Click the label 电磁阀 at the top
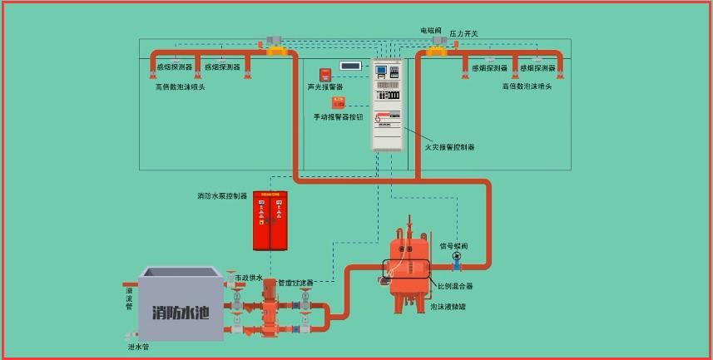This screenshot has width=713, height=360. tap(431, 31)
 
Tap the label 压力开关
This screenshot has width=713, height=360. tap(464, 34)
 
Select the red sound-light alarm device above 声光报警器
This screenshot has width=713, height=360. tap(325, 74)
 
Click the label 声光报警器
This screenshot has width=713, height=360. tap(324, 87)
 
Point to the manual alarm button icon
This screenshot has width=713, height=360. tap(339, 103)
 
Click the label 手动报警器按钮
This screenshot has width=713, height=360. tap(338, 117)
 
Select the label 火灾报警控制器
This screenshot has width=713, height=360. tap(449, 147)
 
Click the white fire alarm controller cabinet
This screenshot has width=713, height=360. tap(387, 105)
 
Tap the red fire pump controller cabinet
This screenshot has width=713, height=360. tap(270, 220)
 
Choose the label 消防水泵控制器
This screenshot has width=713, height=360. tap(222, 196)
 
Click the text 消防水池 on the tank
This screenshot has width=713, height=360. tap(181, 313)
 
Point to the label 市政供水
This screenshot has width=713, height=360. tap(248, 278)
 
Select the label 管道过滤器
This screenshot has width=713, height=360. tap(295, 284)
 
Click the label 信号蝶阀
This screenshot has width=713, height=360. tap(453, 246)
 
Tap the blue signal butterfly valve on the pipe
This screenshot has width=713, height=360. tap(456, 258)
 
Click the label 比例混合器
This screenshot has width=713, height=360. tap(455, 286)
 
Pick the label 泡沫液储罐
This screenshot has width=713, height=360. tap(448, 307)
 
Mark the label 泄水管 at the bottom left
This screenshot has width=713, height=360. tap(138, 347)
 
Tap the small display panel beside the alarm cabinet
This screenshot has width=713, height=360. tap(350, 65)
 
